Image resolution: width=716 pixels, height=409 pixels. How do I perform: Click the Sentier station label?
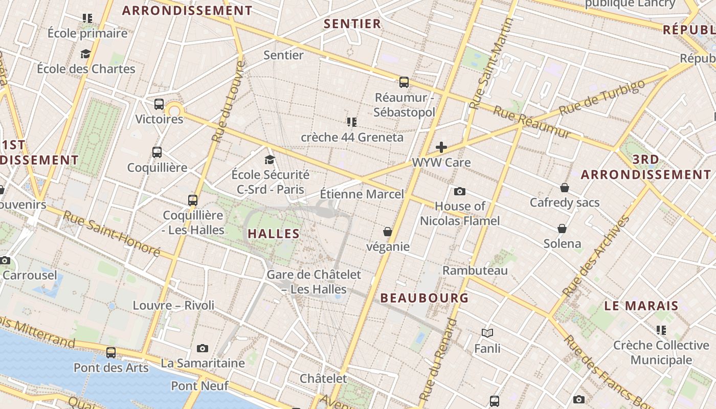(283, 55)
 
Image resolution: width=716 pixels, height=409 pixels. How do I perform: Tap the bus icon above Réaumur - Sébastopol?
(404, 82)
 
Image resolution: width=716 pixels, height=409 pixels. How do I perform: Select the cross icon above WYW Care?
(441, 148)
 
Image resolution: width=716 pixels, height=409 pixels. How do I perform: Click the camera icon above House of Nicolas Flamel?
(460, 191)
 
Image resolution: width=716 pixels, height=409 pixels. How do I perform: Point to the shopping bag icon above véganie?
(388, 232)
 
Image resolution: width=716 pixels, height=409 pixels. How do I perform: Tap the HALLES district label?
(274, 234)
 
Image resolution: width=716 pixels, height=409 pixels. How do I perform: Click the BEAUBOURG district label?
(424, 298)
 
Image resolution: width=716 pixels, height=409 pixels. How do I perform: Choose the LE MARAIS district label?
(641, 306)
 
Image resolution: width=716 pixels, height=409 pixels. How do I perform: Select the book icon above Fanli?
(487, 333)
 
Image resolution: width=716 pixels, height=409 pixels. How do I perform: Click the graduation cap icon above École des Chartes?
(85, 54)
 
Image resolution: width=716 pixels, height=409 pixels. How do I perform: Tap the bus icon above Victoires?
(159, 104)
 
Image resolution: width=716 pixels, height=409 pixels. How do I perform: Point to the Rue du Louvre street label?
(226, 102)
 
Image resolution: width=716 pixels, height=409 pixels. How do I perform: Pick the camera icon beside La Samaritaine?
(203, 348)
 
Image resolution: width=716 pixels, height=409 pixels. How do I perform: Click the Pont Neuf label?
(199, 385)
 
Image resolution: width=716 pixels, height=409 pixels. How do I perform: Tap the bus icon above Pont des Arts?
(111, 352)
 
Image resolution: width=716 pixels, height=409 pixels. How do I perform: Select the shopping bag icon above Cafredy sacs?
(565, 188)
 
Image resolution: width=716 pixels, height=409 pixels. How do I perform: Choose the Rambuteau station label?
(475, 270)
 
